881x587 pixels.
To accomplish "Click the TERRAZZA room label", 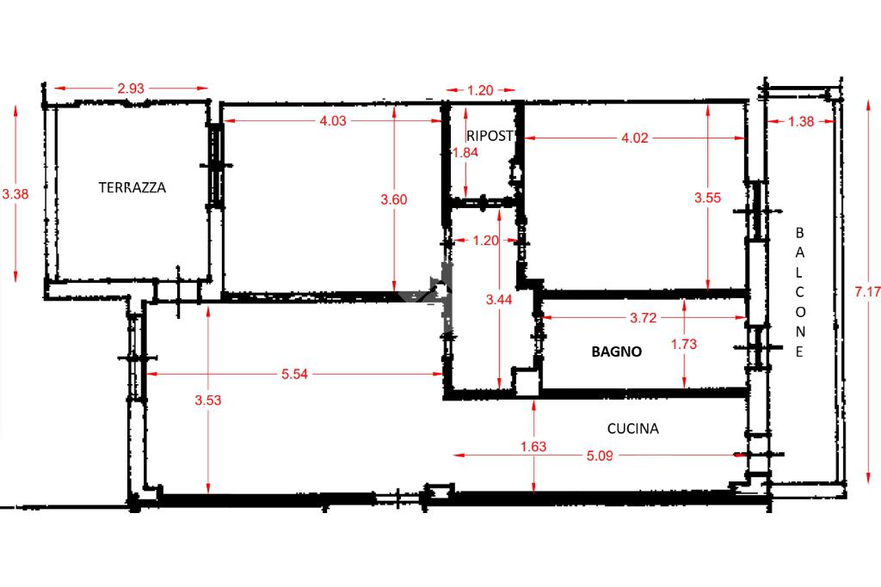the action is (x=132, y=187).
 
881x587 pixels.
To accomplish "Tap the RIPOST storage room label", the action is (x=490, y=136).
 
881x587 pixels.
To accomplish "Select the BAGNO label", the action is (x=616, y=352).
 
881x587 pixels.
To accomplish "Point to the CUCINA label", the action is (x=632, y=429).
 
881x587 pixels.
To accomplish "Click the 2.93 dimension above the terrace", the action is (x=131, y=89).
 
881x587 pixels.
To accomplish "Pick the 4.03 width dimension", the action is (x=333, y=120).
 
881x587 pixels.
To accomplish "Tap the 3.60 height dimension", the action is (x=393, y=199).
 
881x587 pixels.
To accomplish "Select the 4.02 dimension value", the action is (x=635, y=138).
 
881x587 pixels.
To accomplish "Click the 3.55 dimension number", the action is (x=707, y=198).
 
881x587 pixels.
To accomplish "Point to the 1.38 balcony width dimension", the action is (x=801, y=121).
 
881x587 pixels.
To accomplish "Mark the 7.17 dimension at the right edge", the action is (x=867, y=292).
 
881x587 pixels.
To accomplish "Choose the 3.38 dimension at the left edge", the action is (x=15, y=194).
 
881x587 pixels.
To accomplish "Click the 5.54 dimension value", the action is (x=294, y=375).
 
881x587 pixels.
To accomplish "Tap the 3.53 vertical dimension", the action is (x=208, y=401).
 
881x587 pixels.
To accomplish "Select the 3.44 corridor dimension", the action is (x=499, y=300).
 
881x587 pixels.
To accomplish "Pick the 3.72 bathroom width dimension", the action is (x=643, y=318).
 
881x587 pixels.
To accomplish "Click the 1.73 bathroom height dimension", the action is (x=684, y=344).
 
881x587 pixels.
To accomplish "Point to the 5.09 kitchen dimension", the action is (x=600, y=456).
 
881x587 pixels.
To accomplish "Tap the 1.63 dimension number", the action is (x=533, y=447).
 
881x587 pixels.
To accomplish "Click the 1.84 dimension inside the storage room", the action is (x=465, y=153).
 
